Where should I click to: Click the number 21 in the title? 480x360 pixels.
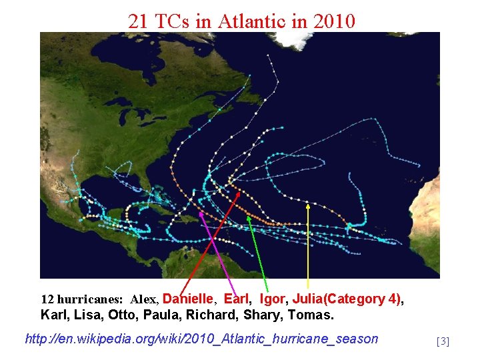coord(138,21)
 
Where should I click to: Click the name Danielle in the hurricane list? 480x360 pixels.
coord(188,299)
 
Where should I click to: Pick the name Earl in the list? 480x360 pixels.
coord(237,299)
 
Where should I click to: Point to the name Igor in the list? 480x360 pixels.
coord(272,299)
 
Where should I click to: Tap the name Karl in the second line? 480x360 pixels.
coord(53,314)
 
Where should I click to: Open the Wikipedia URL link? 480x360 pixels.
coord(201,339)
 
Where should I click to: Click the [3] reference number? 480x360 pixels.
coord(443,342)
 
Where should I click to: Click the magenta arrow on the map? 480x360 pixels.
coord(217,253)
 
